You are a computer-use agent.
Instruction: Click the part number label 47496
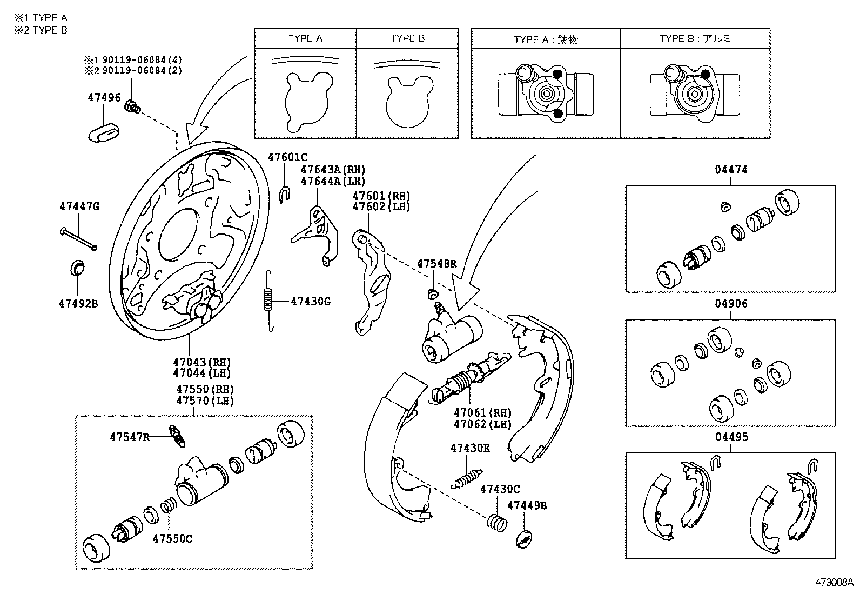[x=104, y=97]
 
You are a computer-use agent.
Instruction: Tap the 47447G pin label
[x=79, y=206]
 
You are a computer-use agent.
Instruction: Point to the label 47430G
[x=310, y=301]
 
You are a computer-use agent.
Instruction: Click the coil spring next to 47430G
[x=268, y=300]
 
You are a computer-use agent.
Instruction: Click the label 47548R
[x=436, y=264]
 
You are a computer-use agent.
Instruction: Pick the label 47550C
[x=172, y=538]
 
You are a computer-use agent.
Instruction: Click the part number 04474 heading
[x=731, y=170]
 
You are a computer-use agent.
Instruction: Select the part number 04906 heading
[x=731, y=304]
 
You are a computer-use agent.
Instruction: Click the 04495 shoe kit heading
[x=731, y=437]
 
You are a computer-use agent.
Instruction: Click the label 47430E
[x=471, y=448]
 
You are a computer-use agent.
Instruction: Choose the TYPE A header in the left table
[x=305, y=38]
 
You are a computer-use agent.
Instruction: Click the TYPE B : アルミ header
[x=695, y=39]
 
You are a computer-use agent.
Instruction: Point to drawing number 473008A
[x=834, y=583]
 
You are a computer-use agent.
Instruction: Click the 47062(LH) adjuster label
[x=482, y=424]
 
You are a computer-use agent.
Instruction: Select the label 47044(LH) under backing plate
[x=201, y=373]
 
